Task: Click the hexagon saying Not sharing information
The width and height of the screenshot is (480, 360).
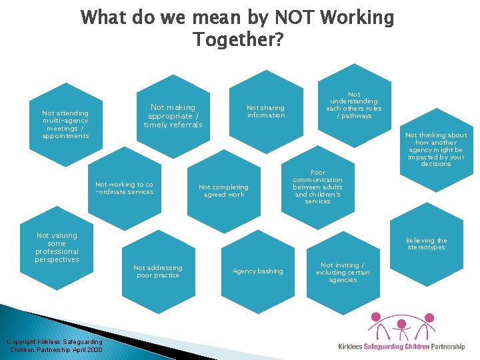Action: point(266,111)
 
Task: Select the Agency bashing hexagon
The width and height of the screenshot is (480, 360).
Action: point(257,271)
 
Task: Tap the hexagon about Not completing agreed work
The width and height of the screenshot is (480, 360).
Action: point(223,191)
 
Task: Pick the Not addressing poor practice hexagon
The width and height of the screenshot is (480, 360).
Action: point(157,271)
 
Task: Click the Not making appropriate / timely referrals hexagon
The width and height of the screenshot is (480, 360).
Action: point(173,116)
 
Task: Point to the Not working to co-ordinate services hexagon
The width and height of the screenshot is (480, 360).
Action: point(124,188)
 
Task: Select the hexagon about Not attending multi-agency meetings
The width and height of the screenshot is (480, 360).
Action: point(65,125)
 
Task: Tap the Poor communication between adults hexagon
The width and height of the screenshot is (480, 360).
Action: point(317,187)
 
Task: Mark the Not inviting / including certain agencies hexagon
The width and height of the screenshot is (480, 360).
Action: point(343,272)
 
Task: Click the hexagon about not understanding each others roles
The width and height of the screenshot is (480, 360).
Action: point(353,105)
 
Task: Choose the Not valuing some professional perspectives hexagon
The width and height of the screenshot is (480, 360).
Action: point(57,247)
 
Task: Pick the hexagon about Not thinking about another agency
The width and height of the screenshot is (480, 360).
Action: point(436,149)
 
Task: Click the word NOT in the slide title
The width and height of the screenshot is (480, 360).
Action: point(275,17)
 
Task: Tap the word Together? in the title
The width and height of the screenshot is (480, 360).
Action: point(239,40)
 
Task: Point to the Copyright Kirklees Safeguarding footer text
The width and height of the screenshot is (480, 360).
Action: point(56,345)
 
